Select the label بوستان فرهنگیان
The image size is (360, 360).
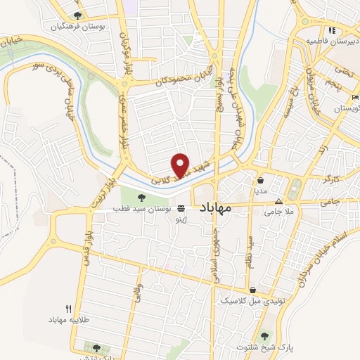(x=77, y=26)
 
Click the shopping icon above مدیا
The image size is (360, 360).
(x=260, y=179)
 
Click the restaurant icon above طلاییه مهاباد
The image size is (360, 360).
(x=68, y=309)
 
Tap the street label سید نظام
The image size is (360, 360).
(x=248, y=250)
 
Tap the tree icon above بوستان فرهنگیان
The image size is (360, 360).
(x=77, y=15)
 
